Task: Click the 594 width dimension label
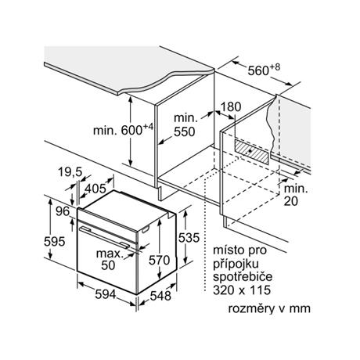[x=105, y=295]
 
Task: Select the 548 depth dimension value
[x=160, y=296]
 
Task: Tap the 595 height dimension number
[x=54, y=241]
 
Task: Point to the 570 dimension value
[x=159, y=260]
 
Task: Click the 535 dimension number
[x=189, y=238]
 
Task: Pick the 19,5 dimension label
[x=70, y=172]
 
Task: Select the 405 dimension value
[x=95, y=189]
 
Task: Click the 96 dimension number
[x=63, y=211]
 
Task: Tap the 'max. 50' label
[x=110, y=260]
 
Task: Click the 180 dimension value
[x=231, y=106]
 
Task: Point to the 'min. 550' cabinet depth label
[x=185, y=125]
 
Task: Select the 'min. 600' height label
[x=123, y=130]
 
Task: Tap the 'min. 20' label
[x=296, y=195]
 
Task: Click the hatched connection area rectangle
[x=251, y=152]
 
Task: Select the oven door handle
[x=105, y=237]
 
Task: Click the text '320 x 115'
[x=242, y=290]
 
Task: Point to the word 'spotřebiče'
[x=243, y=276]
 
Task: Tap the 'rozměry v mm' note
[x=269, y=308]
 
